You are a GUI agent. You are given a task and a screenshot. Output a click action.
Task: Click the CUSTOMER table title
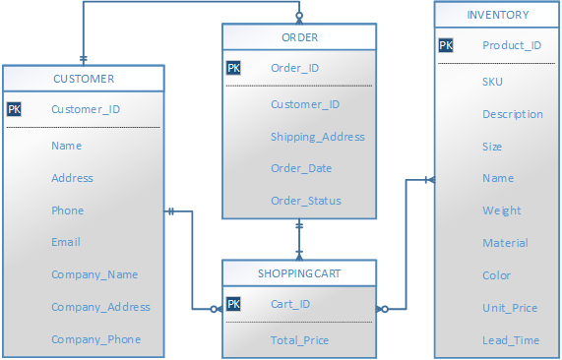tap(84, 79)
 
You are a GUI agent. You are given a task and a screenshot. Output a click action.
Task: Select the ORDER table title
tap(299, 38)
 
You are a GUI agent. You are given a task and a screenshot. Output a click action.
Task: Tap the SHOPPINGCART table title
tap(299, 272)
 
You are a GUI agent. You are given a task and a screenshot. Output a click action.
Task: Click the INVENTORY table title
tap(497, 15)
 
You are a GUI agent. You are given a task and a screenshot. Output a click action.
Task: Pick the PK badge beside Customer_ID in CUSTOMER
tap(14, 109)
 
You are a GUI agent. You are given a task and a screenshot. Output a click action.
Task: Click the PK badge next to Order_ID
tap(233, 69)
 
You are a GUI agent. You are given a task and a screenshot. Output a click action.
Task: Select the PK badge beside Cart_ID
tap(233, 304)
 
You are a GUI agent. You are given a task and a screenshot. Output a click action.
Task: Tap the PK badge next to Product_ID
tap(446, 45)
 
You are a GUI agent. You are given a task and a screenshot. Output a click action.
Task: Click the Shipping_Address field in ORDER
tap(318, 137)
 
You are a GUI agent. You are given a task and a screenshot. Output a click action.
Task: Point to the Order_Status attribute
tap(306, 201)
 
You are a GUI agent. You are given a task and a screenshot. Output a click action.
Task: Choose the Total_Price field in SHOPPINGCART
tap(299, 340)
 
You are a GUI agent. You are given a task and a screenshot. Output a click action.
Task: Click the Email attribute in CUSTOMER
tap(66, 242)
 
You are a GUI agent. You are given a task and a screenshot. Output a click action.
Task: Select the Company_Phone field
tap(96, 339)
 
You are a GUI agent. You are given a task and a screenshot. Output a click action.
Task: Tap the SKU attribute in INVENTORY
tap(492, 82)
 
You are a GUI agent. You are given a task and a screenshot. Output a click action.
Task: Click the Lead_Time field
tap(510, 339)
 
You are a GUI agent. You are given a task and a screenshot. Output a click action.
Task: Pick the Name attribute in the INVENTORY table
tap(498, 178)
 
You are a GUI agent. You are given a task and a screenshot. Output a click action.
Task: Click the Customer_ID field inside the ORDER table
tap(305, 104)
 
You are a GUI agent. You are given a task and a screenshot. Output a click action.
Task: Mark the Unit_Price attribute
tap(510, 308)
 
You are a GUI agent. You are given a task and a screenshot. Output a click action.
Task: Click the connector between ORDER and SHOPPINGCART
tap(300, 239)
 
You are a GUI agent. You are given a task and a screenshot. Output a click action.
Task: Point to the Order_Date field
tap(301, 168)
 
